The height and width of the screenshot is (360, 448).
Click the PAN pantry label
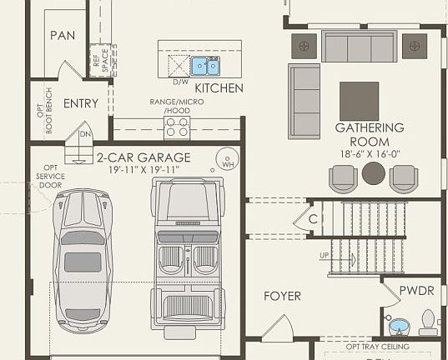pos(63,35)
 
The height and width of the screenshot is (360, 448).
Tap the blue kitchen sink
pos(205,65)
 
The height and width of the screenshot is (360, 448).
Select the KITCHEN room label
pos(219,87)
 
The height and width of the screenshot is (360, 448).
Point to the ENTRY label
pos(81,103)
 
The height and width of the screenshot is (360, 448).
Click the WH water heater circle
pos(225,159)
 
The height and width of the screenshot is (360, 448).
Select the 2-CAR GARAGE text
pos(143,157)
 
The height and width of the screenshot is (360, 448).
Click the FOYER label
pos(282,296)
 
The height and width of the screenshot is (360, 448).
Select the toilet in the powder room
pos(428,322)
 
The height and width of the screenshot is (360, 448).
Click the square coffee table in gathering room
pos(359,100)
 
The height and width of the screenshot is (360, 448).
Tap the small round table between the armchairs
pos(373,173)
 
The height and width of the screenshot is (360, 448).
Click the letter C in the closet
pos(314,219)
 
